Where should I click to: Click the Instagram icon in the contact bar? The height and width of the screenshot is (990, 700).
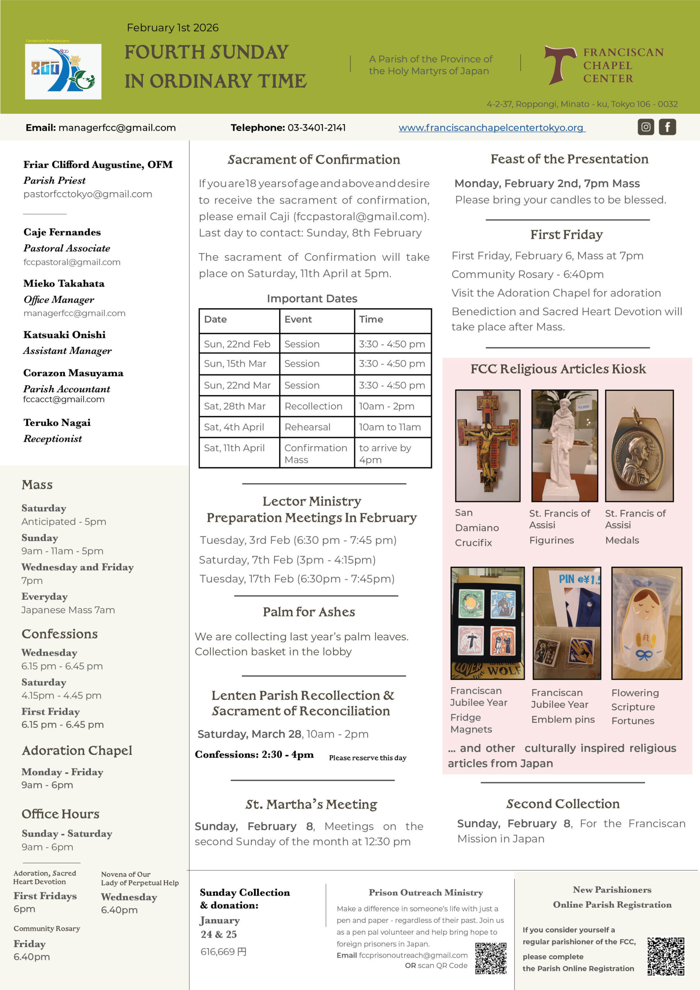645,127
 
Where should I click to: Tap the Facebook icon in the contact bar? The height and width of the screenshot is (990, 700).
667,127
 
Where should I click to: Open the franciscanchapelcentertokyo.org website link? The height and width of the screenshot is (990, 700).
492,128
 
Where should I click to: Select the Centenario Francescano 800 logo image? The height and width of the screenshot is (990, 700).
63,72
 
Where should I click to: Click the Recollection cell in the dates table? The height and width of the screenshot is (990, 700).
314,406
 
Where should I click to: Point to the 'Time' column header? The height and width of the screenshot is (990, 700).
371,319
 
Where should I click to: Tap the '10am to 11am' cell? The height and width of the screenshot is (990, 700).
390,427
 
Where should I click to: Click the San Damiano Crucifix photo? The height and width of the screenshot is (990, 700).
488,445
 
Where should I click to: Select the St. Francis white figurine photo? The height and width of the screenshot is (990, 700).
565,445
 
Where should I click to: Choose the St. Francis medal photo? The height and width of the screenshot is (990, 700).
639,445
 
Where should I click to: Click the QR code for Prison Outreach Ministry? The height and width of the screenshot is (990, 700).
491,958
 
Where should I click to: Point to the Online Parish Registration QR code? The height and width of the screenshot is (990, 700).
666,956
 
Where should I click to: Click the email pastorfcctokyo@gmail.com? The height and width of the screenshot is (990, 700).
87,194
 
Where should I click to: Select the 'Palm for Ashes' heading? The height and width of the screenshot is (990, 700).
309,612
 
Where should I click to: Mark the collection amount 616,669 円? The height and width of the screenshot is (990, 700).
224,952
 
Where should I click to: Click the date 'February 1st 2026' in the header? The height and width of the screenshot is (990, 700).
172,27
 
